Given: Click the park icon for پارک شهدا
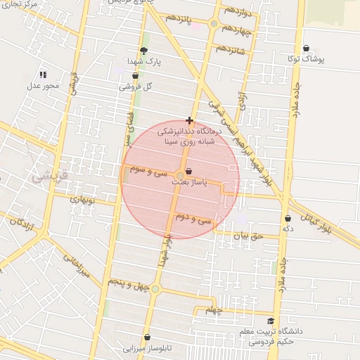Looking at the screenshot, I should point(144,51).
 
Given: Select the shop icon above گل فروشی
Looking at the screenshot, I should point(135,75).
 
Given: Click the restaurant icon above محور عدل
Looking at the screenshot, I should point(43,74).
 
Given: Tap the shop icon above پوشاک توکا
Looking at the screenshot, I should point(306,49).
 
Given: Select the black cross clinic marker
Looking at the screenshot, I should point(189,120).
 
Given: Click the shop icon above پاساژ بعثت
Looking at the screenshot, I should point(188,171).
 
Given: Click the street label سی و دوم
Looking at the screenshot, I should point(195,219).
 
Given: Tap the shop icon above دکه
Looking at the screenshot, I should point(288,219).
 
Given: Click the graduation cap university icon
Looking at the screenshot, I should point(270,321).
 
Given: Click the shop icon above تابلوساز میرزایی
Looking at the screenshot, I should point(147,337).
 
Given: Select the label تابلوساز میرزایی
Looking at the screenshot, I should point(143,348).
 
